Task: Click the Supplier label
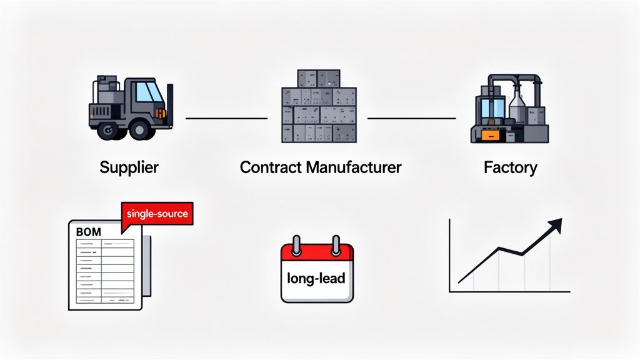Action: (129, 167)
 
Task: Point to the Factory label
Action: (510, 167)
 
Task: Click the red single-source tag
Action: (156, 214)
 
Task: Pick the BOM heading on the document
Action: (87, 231)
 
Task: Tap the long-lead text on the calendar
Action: (317, 278)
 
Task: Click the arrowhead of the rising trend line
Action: (556, 224)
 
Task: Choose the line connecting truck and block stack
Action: (226, 117)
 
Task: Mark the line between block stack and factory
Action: (411, 117)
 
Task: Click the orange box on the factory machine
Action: (489, 134)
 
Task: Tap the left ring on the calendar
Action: (298, 243)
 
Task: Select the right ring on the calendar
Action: (336, 243)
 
